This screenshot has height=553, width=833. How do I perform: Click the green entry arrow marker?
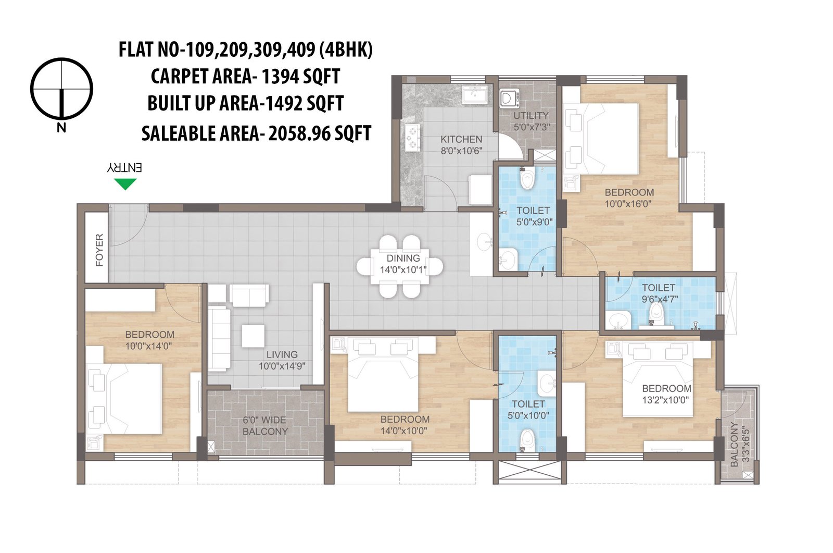(125, 183)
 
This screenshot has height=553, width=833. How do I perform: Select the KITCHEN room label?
(461, 139)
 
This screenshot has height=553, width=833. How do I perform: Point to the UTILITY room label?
(531, 116)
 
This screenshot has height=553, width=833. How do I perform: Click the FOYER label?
(99, 250)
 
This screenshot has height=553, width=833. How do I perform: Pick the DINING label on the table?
(403, 258)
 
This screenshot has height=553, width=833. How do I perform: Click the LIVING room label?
(282, 354)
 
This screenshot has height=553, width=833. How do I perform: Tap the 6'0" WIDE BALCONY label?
(265, 426)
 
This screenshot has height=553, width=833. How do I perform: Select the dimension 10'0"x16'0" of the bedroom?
(629, 204)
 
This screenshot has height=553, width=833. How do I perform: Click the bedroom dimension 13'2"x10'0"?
(666, 400)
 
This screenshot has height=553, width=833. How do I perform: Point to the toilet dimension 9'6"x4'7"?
(659, 299)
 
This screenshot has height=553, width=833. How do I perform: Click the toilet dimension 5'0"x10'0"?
(528, 415)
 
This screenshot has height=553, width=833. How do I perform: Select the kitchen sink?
(475, 95)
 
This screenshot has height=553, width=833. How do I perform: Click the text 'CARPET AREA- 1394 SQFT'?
(245, 76)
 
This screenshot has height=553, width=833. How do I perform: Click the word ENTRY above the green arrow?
(125, 168)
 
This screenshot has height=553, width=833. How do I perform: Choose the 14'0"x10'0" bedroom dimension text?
(405, 431)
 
